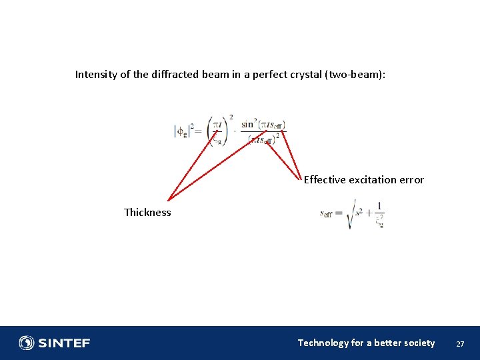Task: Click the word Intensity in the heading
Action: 95,75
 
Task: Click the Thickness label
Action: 147,213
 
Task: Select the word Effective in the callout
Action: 325,180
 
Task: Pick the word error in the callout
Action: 412,180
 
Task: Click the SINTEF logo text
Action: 64,343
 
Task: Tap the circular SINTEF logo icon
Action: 27,343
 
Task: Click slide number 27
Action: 460,344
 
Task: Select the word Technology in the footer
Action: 323,343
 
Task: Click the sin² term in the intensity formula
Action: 249,123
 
